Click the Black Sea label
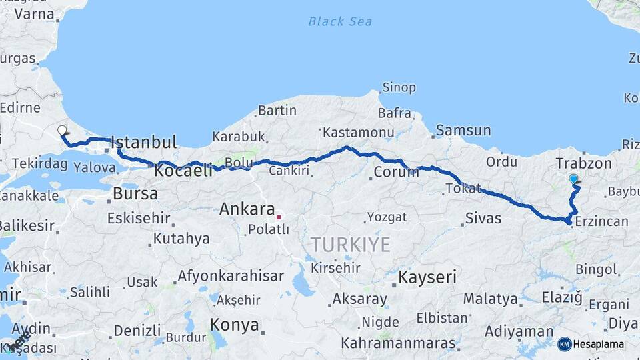pos(340,21)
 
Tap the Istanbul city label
pos(144,142)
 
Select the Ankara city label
pos(247,209)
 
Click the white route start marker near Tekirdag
pos(62,131)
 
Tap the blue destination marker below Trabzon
pos(573,179)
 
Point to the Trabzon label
pos(583,163)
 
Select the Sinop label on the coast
pos(399,87)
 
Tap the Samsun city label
pos(464,131)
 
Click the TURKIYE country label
pos(350,245)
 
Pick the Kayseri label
pos(427,277)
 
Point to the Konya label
pos(234,325)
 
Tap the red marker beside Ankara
pos(279,216)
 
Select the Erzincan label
pos(601,221)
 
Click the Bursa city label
pos(135,194)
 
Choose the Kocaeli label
pos(183,171)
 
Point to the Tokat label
pos(463,189)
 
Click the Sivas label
pos(483,217)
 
